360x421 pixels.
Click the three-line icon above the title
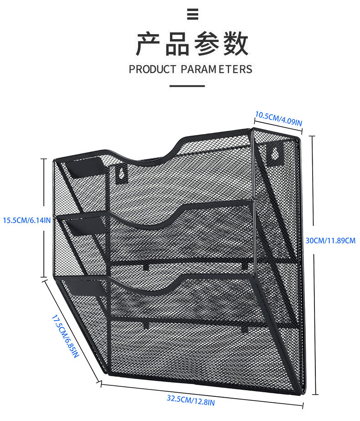pyautogui.click(x=193, y=15)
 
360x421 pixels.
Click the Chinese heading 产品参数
pyautogui.click(x=193, y=44)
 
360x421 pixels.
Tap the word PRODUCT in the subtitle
pyautogui.click(x=152, y=69)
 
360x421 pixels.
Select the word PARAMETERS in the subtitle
pyautogui.click(x=216, y=69)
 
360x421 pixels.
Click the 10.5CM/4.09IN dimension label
pyautogui.click(x=278, y=118)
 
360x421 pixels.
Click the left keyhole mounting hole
pyautogui.click(x=121, y=173)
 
